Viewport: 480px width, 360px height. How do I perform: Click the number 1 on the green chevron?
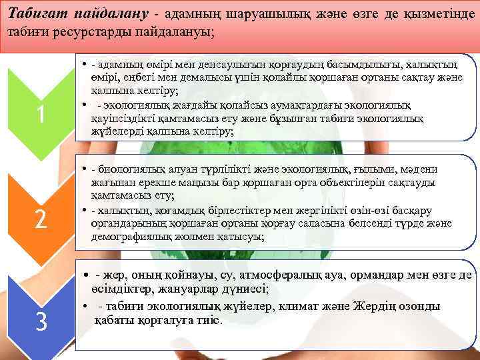[41, 115]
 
